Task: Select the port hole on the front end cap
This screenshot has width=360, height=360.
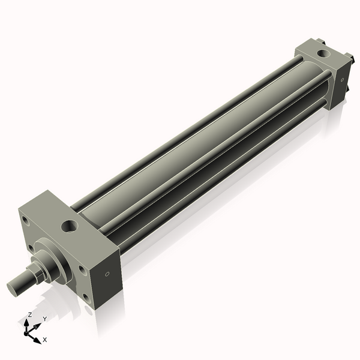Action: (x=69, y=227)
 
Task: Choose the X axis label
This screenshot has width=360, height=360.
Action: (x=45, y=340)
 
